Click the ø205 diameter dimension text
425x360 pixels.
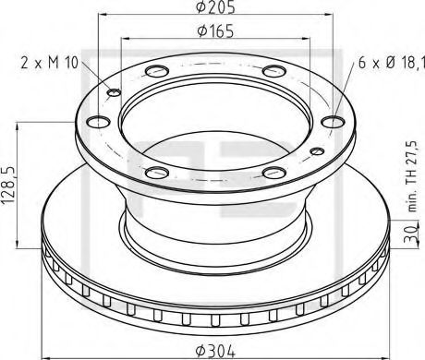(x=214, y=8)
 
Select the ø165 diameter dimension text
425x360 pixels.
(x=214, y=31)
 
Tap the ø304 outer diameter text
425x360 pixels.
(x=214, y=348)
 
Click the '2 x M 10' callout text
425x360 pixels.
(x=49, y=63)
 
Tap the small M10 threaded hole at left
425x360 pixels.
(x=115, y=90)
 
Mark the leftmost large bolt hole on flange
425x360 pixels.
(x=94, y=119)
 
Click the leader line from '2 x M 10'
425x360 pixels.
(x=96, y=76)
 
